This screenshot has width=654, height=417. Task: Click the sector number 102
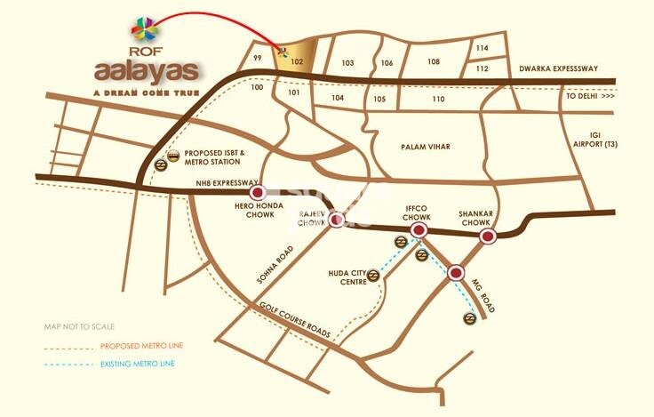(x=298, y=64)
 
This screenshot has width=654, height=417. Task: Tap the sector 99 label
(x=257, y=59)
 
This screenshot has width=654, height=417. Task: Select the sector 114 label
(x=483, y=47)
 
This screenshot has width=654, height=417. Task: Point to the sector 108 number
(x=434, y=62)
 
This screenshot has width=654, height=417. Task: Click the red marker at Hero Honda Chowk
(x=258, y=192)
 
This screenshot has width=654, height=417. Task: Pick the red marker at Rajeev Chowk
(x=337, y=220)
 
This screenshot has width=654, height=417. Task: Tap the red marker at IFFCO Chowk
(x=419, y=231)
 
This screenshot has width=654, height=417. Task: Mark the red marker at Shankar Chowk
(x=487, y=237)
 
